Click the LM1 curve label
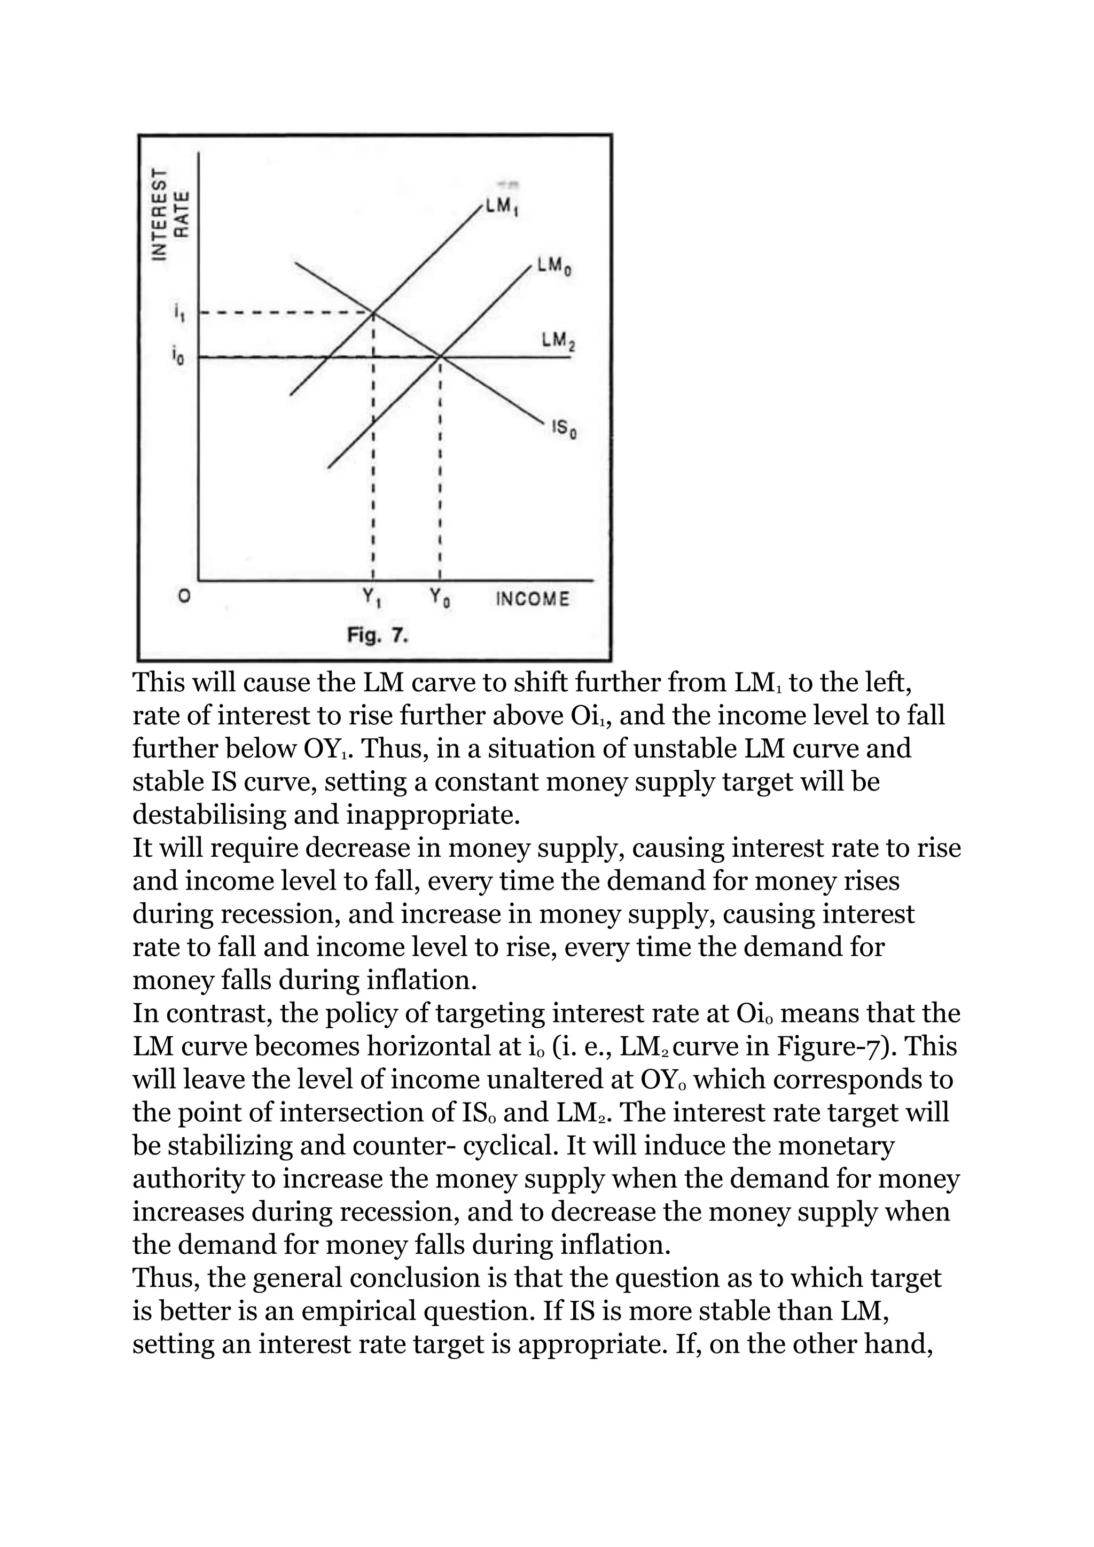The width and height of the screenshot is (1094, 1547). click(503, 207)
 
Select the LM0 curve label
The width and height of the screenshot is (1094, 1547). click(555, 266)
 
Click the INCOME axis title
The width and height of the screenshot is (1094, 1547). click(532, 598)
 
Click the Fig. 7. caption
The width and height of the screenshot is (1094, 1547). click(377, 635)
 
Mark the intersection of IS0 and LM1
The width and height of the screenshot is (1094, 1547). click(373, 312)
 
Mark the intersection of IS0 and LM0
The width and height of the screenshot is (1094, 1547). click(440, 356)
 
